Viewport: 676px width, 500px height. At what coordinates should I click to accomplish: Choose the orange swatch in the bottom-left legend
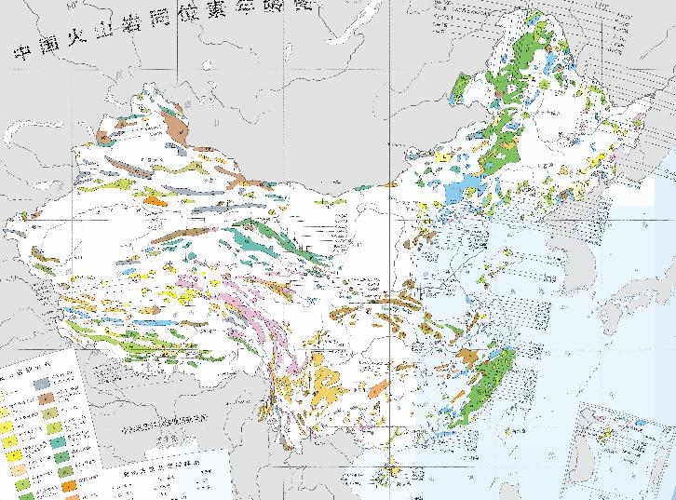tap(69, 483)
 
